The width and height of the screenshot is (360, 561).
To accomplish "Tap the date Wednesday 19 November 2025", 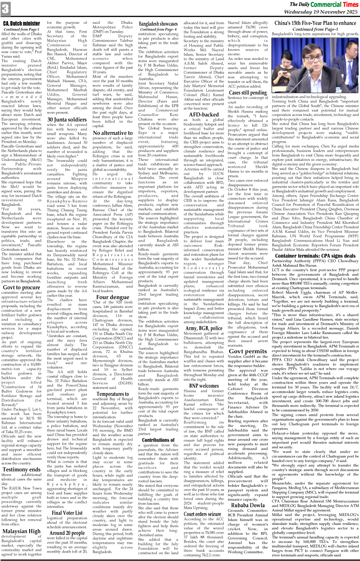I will click(328, 12).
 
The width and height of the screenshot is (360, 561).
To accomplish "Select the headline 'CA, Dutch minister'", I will click(22, 23).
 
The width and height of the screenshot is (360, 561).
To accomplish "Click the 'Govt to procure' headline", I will click(22, 287).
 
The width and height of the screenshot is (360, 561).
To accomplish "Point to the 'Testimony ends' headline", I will click(22, 469).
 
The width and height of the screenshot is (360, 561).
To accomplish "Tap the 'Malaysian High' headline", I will click(22, 531).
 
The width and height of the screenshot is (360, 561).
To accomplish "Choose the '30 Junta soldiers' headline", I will click(67, 120).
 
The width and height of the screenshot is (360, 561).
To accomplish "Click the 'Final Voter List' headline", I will click(67, 513).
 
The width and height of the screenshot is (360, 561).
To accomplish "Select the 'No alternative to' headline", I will click(113, 133).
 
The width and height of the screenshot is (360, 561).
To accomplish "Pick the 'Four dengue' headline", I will click(113, 297).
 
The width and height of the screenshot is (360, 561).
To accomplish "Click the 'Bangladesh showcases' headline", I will click(158, 24).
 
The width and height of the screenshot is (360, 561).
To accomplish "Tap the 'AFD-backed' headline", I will click(204, 114).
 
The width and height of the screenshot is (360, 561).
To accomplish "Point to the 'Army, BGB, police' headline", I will click(204, 328).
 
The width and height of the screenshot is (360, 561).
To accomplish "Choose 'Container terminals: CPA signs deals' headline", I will click(315, 256).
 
